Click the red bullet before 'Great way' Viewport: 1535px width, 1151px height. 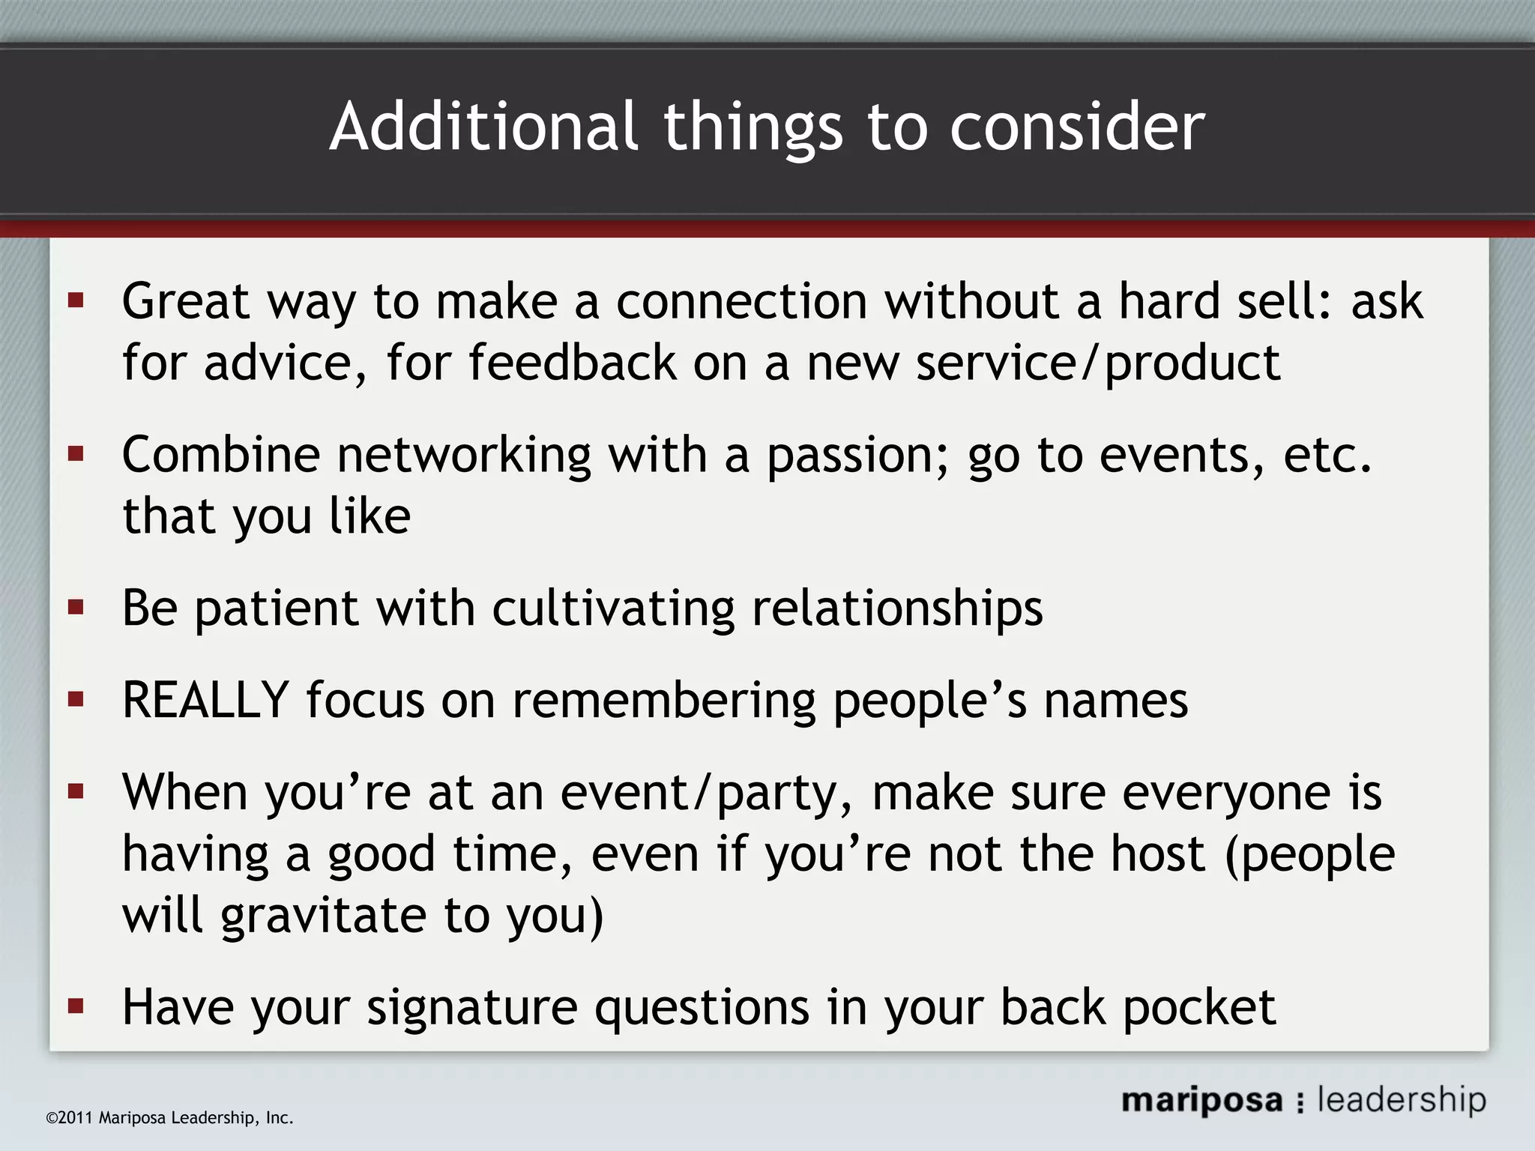(x=76, y=300)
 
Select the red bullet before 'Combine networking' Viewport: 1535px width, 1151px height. (x=76, y=454)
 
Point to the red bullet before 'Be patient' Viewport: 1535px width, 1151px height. (x=76, y=606)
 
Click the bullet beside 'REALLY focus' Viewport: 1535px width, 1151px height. (x=76, y=699)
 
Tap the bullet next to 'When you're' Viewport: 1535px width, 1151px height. (x=76, y=791)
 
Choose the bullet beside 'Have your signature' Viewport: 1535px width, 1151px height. (x=76, y=1006)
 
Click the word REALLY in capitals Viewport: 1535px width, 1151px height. (x=205, y=700)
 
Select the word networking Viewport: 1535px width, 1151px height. (x=463, y=456)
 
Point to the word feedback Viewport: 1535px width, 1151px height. (x=573, y=363)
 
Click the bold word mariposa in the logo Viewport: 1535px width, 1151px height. (x=1201, y=1100)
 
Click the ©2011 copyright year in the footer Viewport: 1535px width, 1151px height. (x=69, y=1118)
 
